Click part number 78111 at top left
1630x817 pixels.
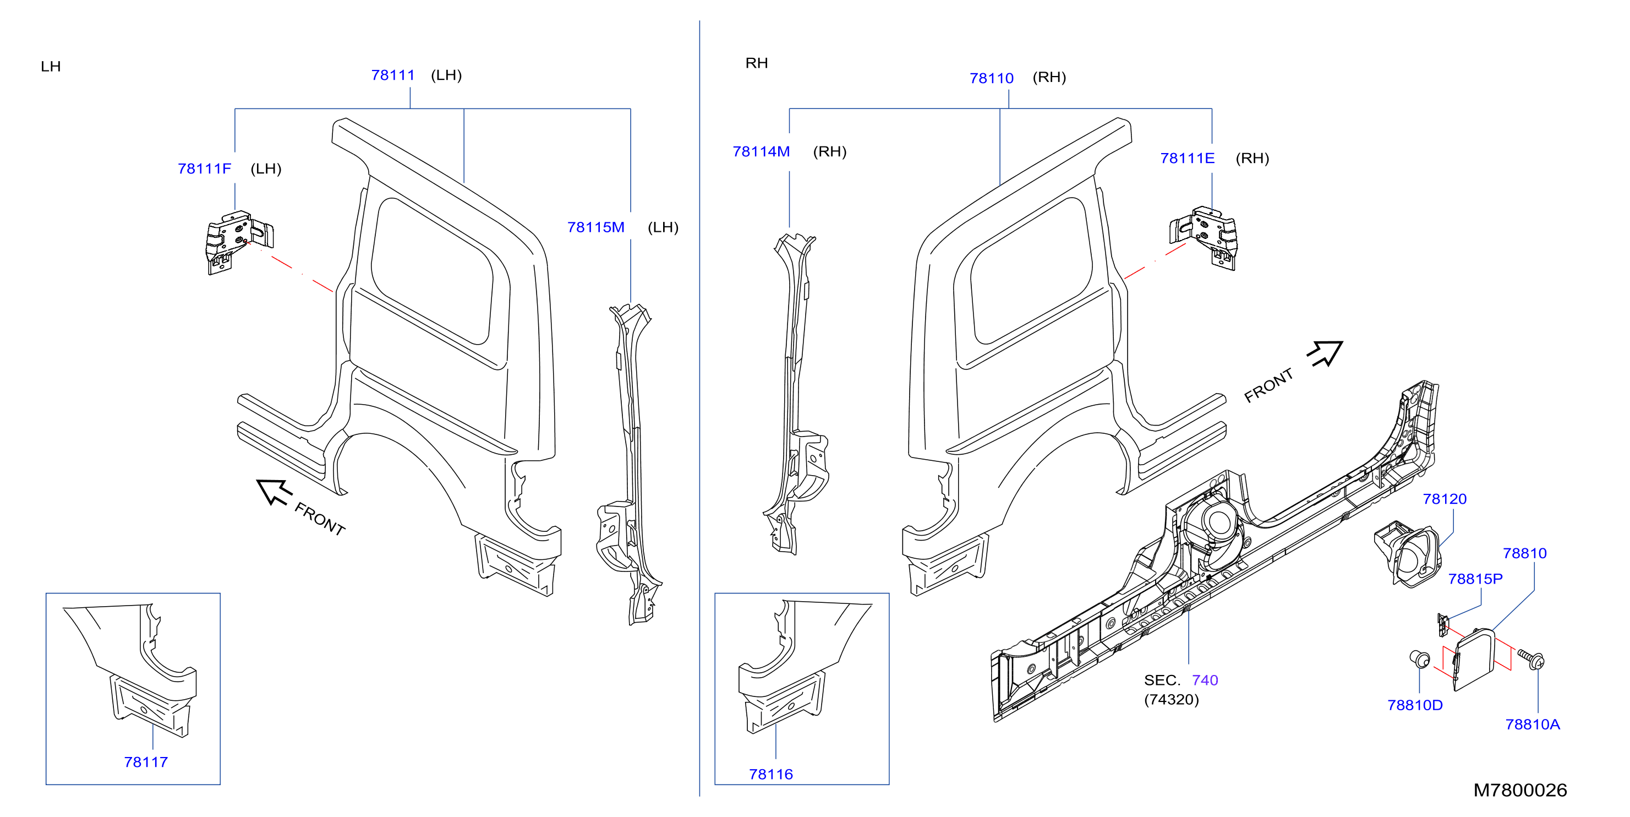pyautogui.click(x=393, y=75)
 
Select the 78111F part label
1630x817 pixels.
pyautogui.click(x=204, y=169)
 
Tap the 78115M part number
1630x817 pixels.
pyautogui.click(x=595, y=227)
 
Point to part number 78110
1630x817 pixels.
pyautogui.click(x=992, y=79)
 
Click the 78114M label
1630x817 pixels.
pyautogui.click(x=761, y=152)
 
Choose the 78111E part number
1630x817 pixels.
pyautogui.click(x=1187, y=158)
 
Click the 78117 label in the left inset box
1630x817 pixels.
pyautogui.click(x=146, y=762)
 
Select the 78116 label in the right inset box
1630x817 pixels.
pyautogui.click(x=771, y=774)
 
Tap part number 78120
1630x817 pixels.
pyautogui.click(x=1445, y=499)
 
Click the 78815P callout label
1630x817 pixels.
pyautogui.click(x=1475, y=579)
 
